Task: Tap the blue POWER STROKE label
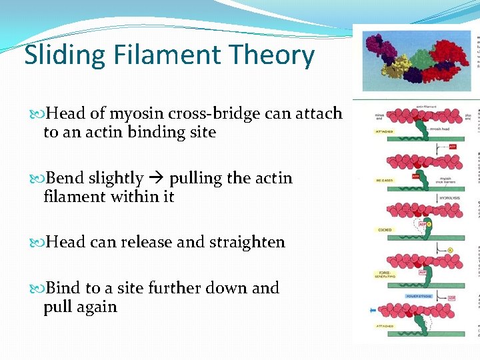pyautogui.click(x=420, y=296)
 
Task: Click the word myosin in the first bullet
pyautogui.click(x=131, y=114)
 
